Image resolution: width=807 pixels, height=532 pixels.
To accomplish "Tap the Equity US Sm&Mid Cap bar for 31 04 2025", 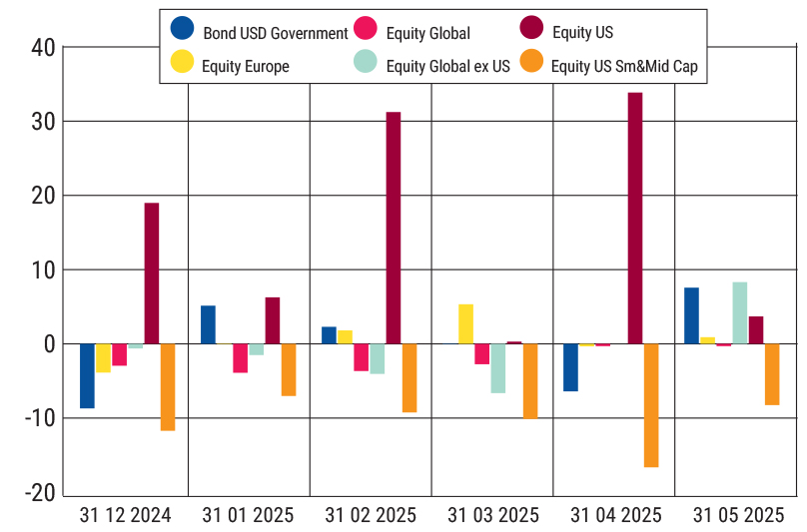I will pos(651,405).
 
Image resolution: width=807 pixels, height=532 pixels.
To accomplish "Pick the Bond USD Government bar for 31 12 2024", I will pos(87,375).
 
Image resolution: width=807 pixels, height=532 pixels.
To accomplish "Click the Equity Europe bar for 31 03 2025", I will pos(465,323).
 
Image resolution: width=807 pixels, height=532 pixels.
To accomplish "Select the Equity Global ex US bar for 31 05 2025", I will pos(740,312).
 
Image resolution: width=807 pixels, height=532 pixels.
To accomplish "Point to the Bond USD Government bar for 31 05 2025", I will pos(691,315).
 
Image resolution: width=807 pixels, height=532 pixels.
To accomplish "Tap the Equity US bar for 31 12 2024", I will pos(152,272).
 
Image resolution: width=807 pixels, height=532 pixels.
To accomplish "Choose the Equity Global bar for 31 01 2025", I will pos(240,357).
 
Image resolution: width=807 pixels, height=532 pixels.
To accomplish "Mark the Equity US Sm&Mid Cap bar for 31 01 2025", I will pos(289,369).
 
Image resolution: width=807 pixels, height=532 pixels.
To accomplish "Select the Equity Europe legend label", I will pos(245,67).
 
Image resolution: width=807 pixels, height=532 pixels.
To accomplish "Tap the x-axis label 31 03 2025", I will pos(492,515).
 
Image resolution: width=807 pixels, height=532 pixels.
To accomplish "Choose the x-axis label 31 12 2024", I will pos(126,515).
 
